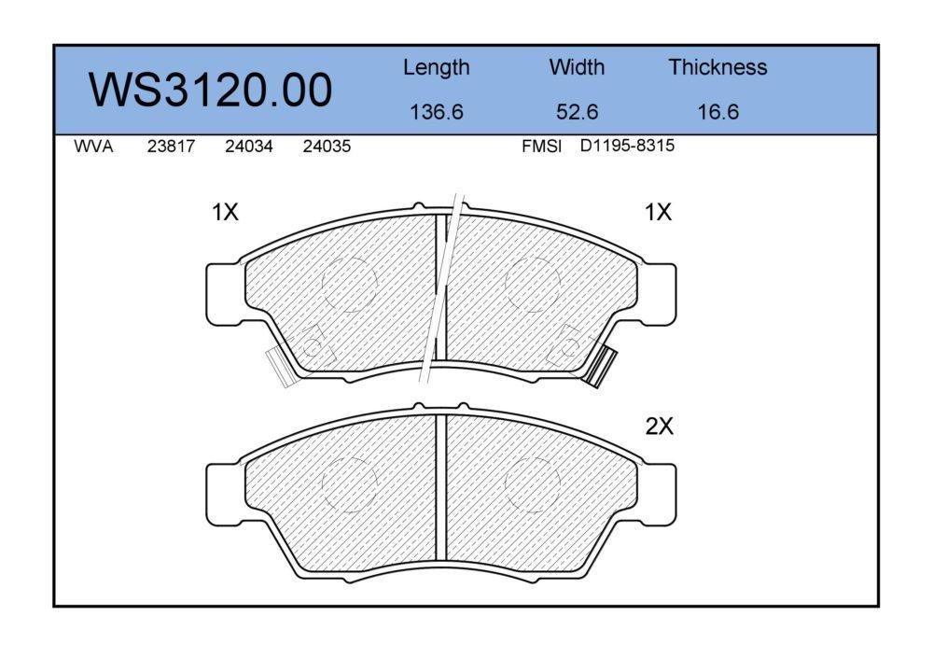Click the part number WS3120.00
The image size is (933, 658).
tap(210, 90)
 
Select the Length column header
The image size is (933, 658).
tap(436, 68)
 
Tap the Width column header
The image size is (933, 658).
tap(577, 66)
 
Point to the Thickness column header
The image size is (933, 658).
tap(717, 66)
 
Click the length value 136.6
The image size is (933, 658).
tap(436, 112)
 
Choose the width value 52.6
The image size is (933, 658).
tap(577, 112)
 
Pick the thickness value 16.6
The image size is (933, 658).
tap(717, 112)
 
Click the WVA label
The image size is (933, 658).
tap(93, 147)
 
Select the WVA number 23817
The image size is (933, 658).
tap(171, 147)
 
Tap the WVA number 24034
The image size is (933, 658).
tap(249, 147)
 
